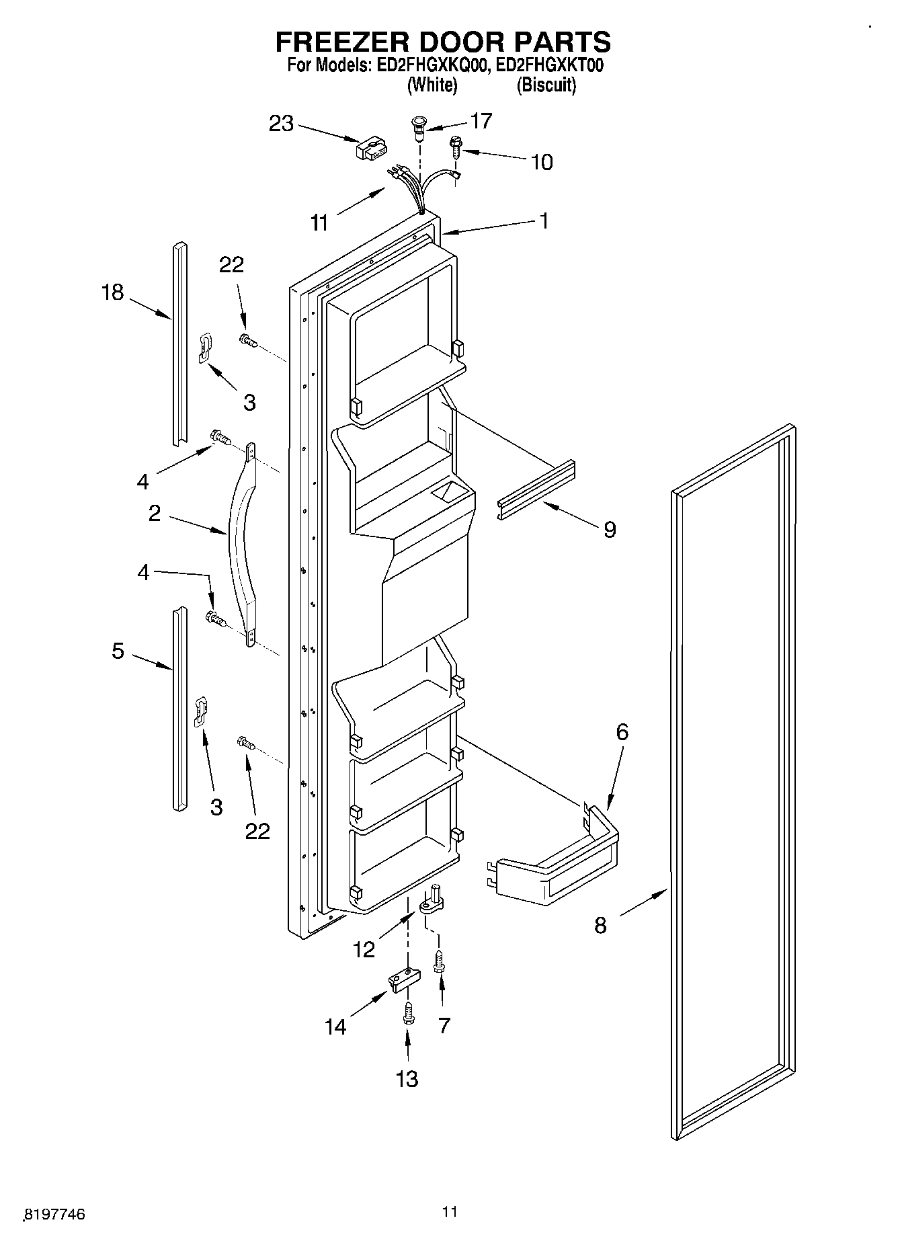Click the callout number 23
[x=282, y=124]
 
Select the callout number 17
[x=481, y=121]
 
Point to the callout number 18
[x=113, y=292]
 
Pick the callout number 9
[x=609, y=530]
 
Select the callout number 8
[x=600, y=926]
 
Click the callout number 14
[x=335, y=1027]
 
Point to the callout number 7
[x=443, y=1025]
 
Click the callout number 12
[x=364, y=949]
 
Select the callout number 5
[x=118, y=651]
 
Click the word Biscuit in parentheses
[x=546, y=85]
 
